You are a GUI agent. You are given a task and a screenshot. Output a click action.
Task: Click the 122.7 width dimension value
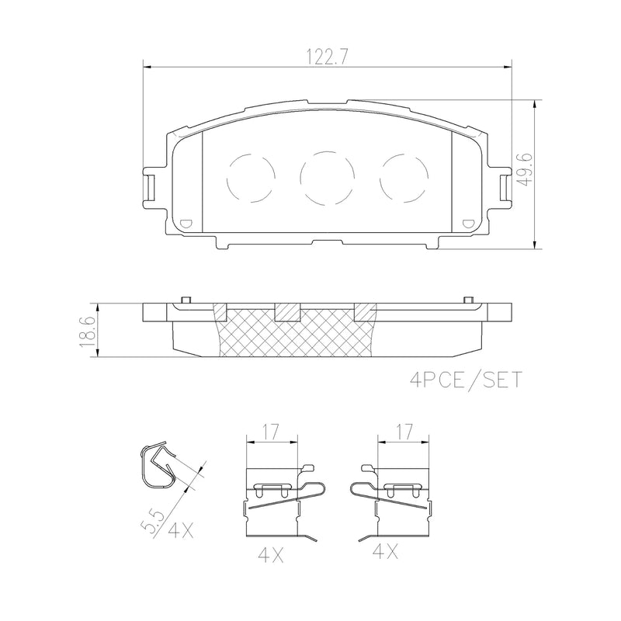(326, 56)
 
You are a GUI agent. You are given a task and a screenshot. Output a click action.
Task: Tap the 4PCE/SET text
(465, 380)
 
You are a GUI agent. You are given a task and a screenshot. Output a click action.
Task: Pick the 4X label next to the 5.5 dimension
(179, 531)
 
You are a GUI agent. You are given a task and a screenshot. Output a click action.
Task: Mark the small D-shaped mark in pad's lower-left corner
(185, 224)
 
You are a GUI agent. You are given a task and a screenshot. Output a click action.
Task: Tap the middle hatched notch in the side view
(287, 310)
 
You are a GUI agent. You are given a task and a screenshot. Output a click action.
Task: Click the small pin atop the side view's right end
(467, 300)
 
